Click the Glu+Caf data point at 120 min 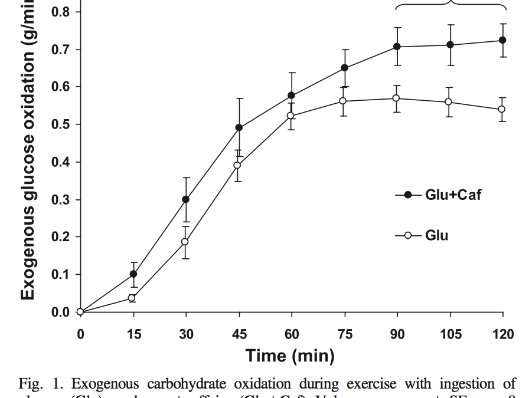click(x=502, y=40)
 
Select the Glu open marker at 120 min click(x=502, y=109)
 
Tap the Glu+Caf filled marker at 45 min click(x=239, y=127)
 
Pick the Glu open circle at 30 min click(x=185, y=242)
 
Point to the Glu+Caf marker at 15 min click(x=133, y=274)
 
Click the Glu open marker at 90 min click(x=397, y=98)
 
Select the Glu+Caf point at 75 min click(x=344, y=68)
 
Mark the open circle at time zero click(x=80, y=312)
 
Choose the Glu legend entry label click(x=436, y=236)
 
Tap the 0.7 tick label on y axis click(x=61, y=50)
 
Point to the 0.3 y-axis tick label click(x=61, y=200)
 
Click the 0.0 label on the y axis click(x=61, y=313)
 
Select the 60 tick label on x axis click(x=292, y=334)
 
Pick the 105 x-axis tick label click(x=450, y=334)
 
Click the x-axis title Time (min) click(x=290, y=356)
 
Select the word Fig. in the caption click(x=31, y=384)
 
